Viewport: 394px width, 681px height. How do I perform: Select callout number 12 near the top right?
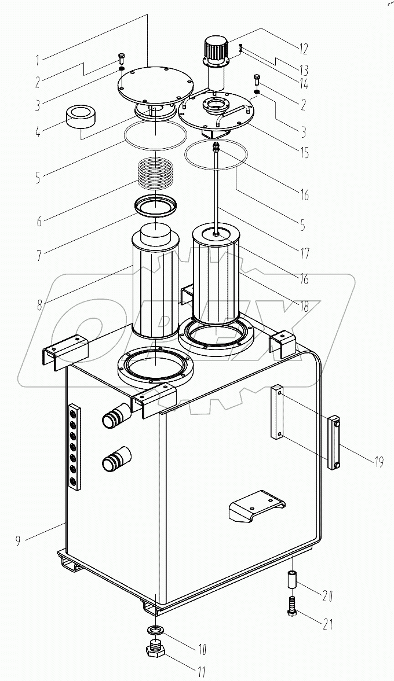pyautogui.click(x=303, y=49)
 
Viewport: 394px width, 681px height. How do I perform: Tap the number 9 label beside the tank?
pyautogui.click(x=18, y=542)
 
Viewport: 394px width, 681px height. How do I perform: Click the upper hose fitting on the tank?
pyautogui.click(x=114, y=417)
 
